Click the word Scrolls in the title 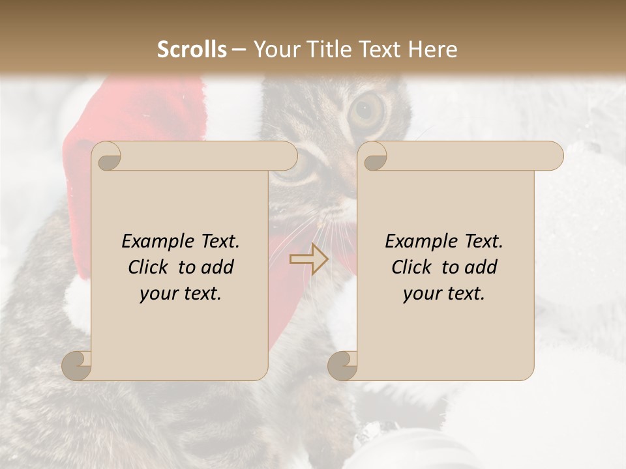192,50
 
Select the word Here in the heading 434,50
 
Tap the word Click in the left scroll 149,267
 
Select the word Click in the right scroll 412,267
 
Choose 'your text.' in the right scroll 444,293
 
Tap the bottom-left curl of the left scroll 77,365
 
